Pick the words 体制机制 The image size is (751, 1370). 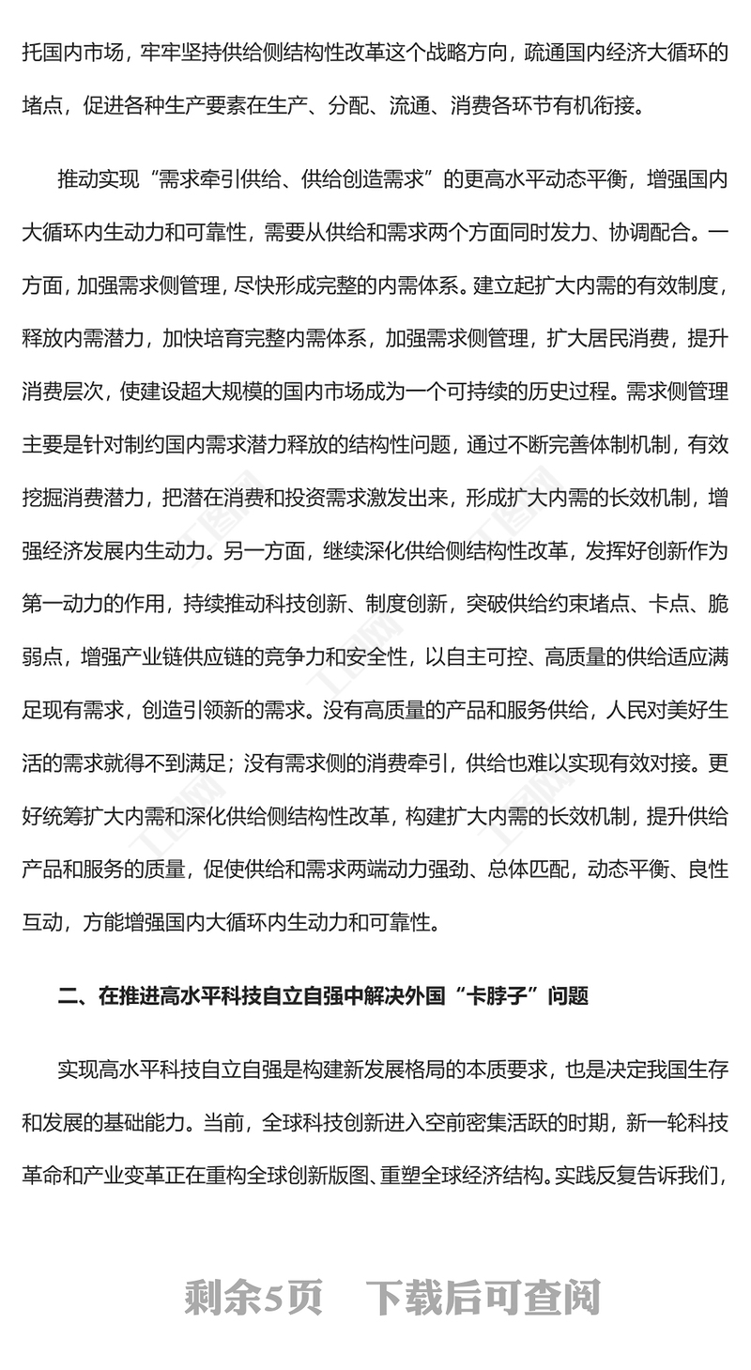tap(642, 444)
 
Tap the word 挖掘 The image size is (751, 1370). tap(46, 498)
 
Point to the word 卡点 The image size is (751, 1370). tap(671, 604)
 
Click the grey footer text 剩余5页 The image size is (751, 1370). tap(253, 1299)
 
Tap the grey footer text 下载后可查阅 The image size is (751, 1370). tap(483, 1299)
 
